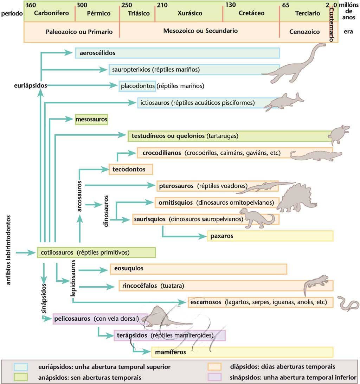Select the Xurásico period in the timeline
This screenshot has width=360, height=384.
(190, 13)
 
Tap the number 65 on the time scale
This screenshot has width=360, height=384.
(285, 5)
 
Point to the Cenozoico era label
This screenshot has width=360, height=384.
(304, 32)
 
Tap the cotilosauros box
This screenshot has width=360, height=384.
(96, 252)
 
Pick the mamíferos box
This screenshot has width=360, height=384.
(242, 352)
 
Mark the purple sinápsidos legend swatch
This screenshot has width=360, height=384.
(214, 377)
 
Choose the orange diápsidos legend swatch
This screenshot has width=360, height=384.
(214, 367)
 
